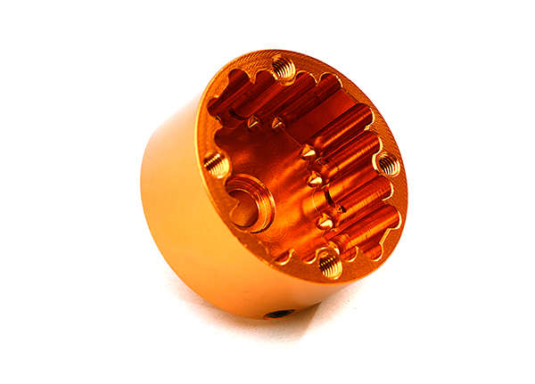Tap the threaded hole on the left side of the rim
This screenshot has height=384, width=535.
coord(215,162)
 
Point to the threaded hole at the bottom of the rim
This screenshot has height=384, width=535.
coord(328,263)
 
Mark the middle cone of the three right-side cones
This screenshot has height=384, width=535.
coord(316,180)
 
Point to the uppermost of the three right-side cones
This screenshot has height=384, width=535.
coord(307,152)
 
